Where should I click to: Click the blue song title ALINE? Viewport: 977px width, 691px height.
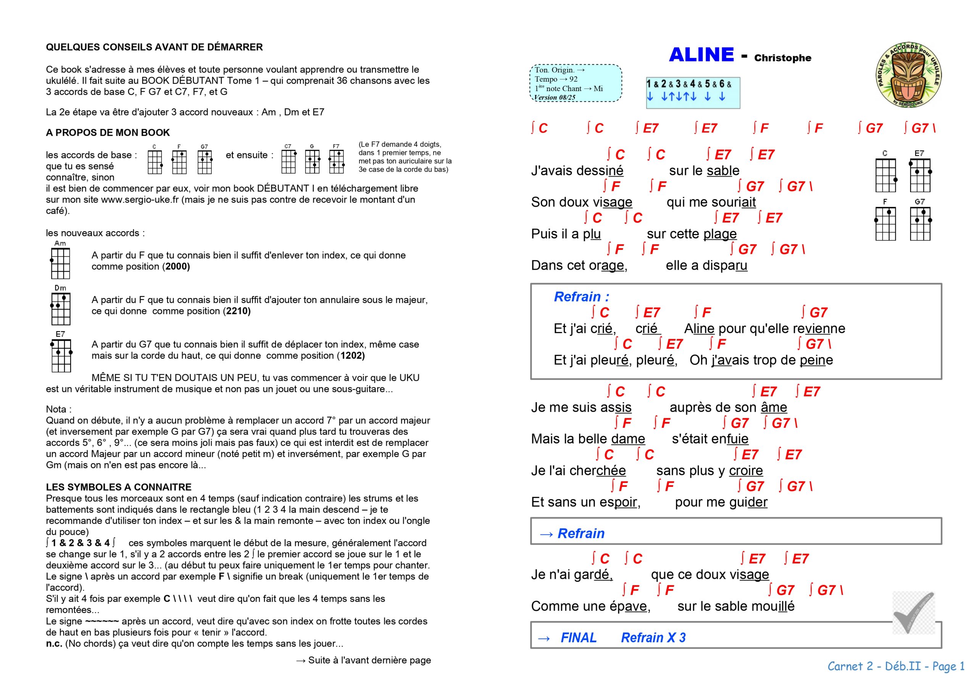(701, 55)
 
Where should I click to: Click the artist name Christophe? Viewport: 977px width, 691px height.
(782, 58)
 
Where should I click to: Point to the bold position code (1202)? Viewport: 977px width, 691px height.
(351, 356)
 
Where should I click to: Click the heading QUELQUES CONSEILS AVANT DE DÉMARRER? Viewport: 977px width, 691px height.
(154, 47)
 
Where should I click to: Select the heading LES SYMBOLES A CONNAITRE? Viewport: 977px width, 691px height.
(119, 487)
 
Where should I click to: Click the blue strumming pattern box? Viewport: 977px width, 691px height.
(693, 93)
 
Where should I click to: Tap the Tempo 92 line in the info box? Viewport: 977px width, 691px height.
(556, 79)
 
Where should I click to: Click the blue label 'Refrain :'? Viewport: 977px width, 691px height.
(581, 296)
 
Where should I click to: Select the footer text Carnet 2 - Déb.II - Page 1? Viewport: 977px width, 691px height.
(896, 666)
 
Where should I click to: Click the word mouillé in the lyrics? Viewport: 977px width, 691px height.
(778, 606)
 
